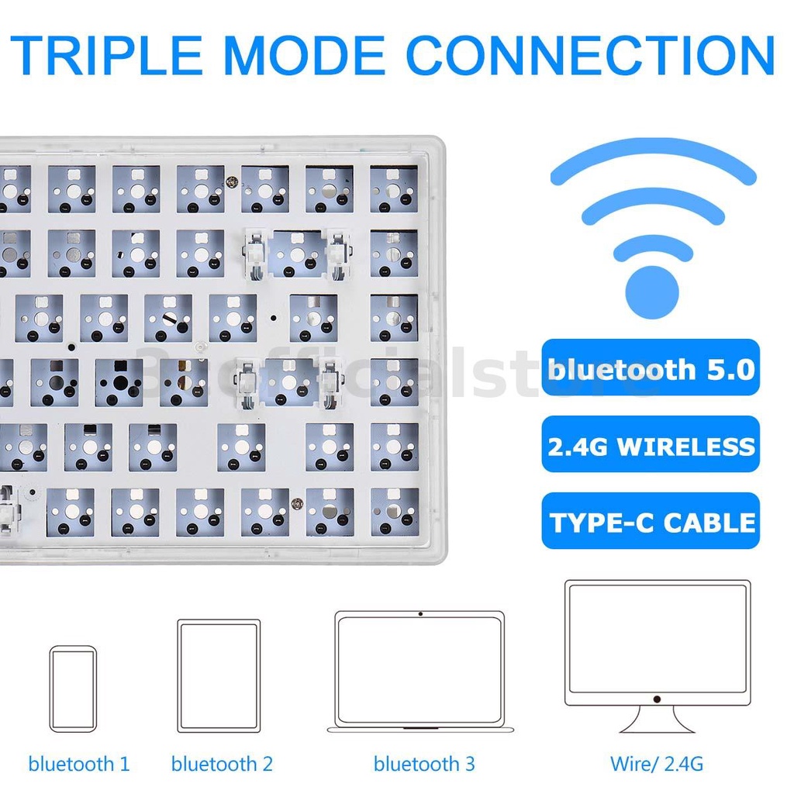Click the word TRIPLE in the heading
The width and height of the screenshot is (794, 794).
coord(108,54)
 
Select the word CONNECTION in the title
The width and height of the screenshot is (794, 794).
coord(590,54)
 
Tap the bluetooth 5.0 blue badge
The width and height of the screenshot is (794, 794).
coord(651,368)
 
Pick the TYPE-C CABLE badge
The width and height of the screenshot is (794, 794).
coord(651,521)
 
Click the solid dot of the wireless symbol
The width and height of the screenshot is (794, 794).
coord(651,292)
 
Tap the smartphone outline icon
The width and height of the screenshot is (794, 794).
coord(73,689)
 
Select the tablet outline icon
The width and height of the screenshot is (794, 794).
coord(218,675)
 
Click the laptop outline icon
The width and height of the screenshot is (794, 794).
coord(419,671)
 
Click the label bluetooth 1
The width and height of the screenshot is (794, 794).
coord(79,764)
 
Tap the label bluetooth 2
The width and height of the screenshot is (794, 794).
coord(222,764)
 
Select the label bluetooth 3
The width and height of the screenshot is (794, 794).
coord(424,764)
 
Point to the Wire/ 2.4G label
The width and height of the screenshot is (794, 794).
coord(657,764)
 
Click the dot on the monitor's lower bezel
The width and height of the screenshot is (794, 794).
coord(657,699)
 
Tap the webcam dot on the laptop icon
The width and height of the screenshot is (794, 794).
coord(419,614)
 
